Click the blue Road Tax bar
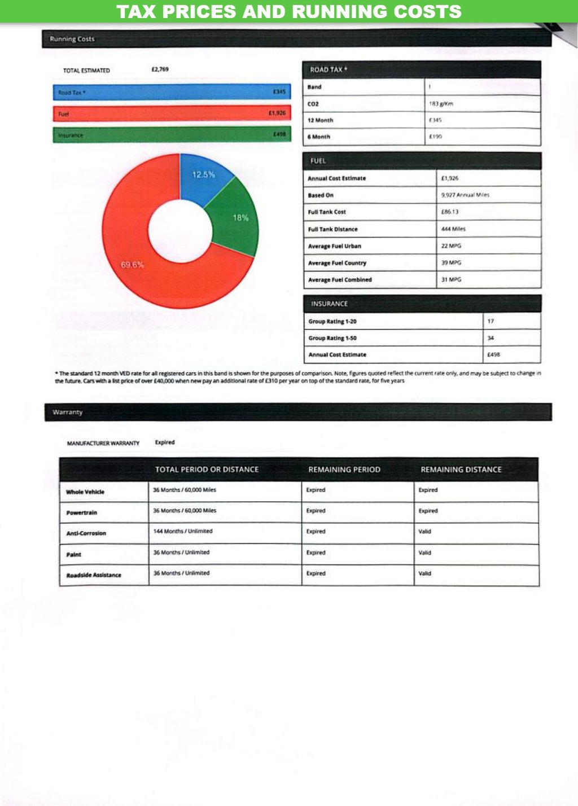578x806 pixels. pos(172,92)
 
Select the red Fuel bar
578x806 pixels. pos(172,113)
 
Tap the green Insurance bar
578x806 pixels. pos(172,135)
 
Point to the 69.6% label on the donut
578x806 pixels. pos(132,265)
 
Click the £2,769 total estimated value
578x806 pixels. pos(160,69)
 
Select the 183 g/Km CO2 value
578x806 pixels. pos(441,104)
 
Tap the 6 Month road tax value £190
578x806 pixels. pos(435,137)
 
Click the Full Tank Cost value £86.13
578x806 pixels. pos(450,212)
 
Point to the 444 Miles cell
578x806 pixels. pos(453,229)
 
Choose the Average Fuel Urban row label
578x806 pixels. pos(334,246)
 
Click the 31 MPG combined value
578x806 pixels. pos(451,279)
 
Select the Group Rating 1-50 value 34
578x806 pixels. pos(491,338)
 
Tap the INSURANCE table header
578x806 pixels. pos(329,304)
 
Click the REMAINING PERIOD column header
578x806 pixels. pos(344,470)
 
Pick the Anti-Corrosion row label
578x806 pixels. pos(86,533)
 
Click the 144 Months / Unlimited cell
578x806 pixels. pos(183,531)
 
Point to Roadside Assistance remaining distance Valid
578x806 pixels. pos(424,573)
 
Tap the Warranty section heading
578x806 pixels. pos(68,412)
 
